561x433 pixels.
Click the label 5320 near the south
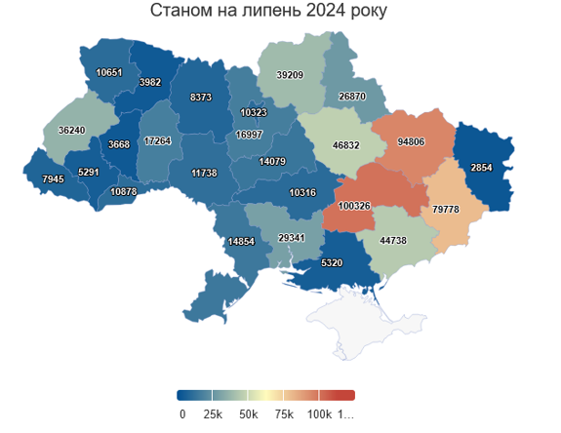pyautogui.click(x=331, y=262)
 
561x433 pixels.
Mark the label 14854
pyautogui.click(x=240, y=241)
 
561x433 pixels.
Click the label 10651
pyautogui.click(x=109, y=72)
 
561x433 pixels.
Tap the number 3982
pyautogui.click(x=149, y=83)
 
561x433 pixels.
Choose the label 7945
pyautogui.click(x=53, y=178)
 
